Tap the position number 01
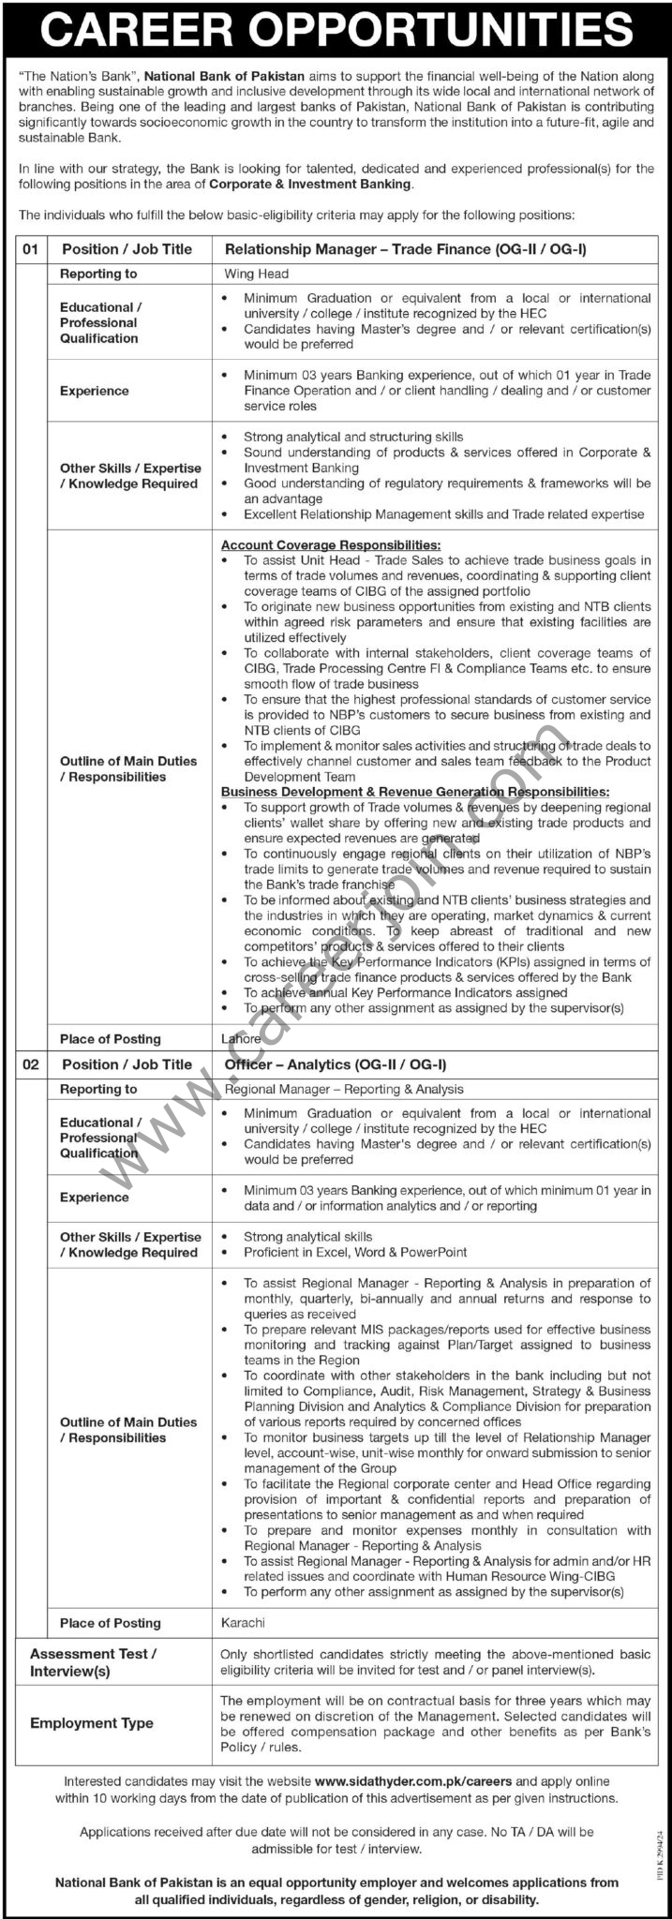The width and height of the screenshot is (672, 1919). click(x=31, y=248)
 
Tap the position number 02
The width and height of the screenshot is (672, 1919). click(x=31, y=1064)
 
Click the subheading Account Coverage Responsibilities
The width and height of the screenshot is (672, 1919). click(x=331, y=544)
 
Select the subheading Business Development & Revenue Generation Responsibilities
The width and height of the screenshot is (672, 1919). click(x=414, y=792)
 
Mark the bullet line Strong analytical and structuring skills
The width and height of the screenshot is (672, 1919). click(x=353, y=437)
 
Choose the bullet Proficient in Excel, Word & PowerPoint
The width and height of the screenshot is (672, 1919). click(x=355, y=1252)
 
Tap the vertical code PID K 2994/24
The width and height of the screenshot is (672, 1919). click(x=660, y=1854)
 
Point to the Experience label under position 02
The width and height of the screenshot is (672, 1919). click(x=94, y=1197)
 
